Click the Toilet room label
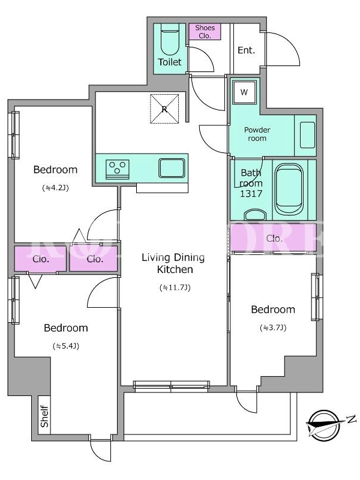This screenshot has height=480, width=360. tap(170, 62)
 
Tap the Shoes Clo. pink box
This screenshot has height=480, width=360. tap(205, 32)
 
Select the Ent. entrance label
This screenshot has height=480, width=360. tap(246, 50)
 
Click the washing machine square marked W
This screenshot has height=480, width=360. tap(244, 92)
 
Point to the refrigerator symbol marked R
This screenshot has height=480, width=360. tap(164, 109)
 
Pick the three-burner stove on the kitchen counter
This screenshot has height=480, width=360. tap(117, 169)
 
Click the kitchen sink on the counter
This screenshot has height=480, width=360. tap(172, 168)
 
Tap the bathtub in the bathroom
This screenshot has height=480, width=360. tap(289, 189)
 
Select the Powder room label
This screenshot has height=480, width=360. tap(257, 134)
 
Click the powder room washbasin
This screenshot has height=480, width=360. tap(307, 134)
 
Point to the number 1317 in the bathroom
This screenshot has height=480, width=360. tap(251, 193)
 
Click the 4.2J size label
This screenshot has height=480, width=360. tap(55, 188)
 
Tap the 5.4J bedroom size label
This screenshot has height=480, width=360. tap(66, 346)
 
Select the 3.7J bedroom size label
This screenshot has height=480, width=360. tap(273, 328)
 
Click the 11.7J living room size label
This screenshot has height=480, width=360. tap(175, 287)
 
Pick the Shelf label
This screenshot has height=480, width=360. tap(44, 416)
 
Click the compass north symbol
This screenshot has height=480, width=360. tap(325, 424)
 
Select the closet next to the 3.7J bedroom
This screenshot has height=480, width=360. tap(273, 238)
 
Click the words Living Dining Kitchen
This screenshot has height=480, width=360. tap(173, 263)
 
